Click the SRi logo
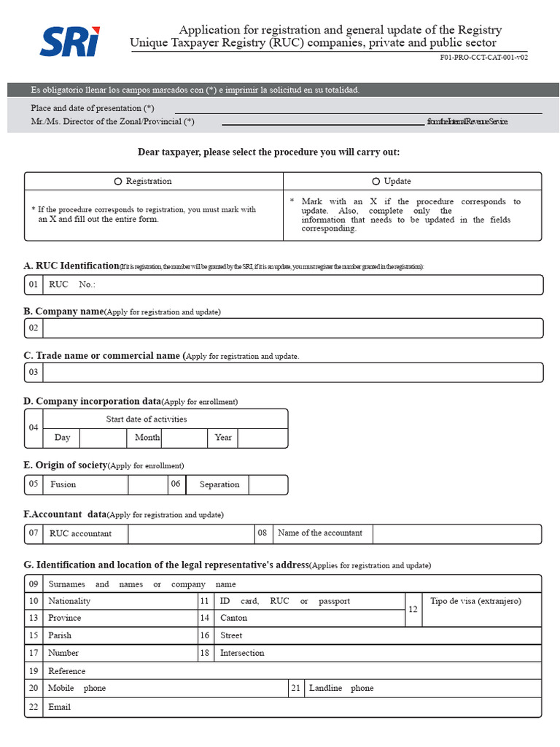[69, 41]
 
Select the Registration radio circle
[118, 182]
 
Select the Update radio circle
[376, 182]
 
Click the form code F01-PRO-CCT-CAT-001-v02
[483, 57]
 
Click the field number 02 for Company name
[34, 328]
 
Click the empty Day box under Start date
[103, 438]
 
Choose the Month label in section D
[147, 438]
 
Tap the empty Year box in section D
[262, 438]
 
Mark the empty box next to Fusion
[148, 484]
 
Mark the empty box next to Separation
[268, 484]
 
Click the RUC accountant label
[80, 534]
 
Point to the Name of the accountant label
[320, 533]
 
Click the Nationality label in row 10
[69, 601]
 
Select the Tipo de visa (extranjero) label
[475, 601]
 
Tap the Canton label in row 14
[234, 618]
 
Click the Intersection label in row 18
[242, 653]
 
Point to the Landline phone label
[341, 688]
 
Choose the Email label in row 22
[59, 707]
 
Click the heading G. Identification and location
[166, 565]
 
